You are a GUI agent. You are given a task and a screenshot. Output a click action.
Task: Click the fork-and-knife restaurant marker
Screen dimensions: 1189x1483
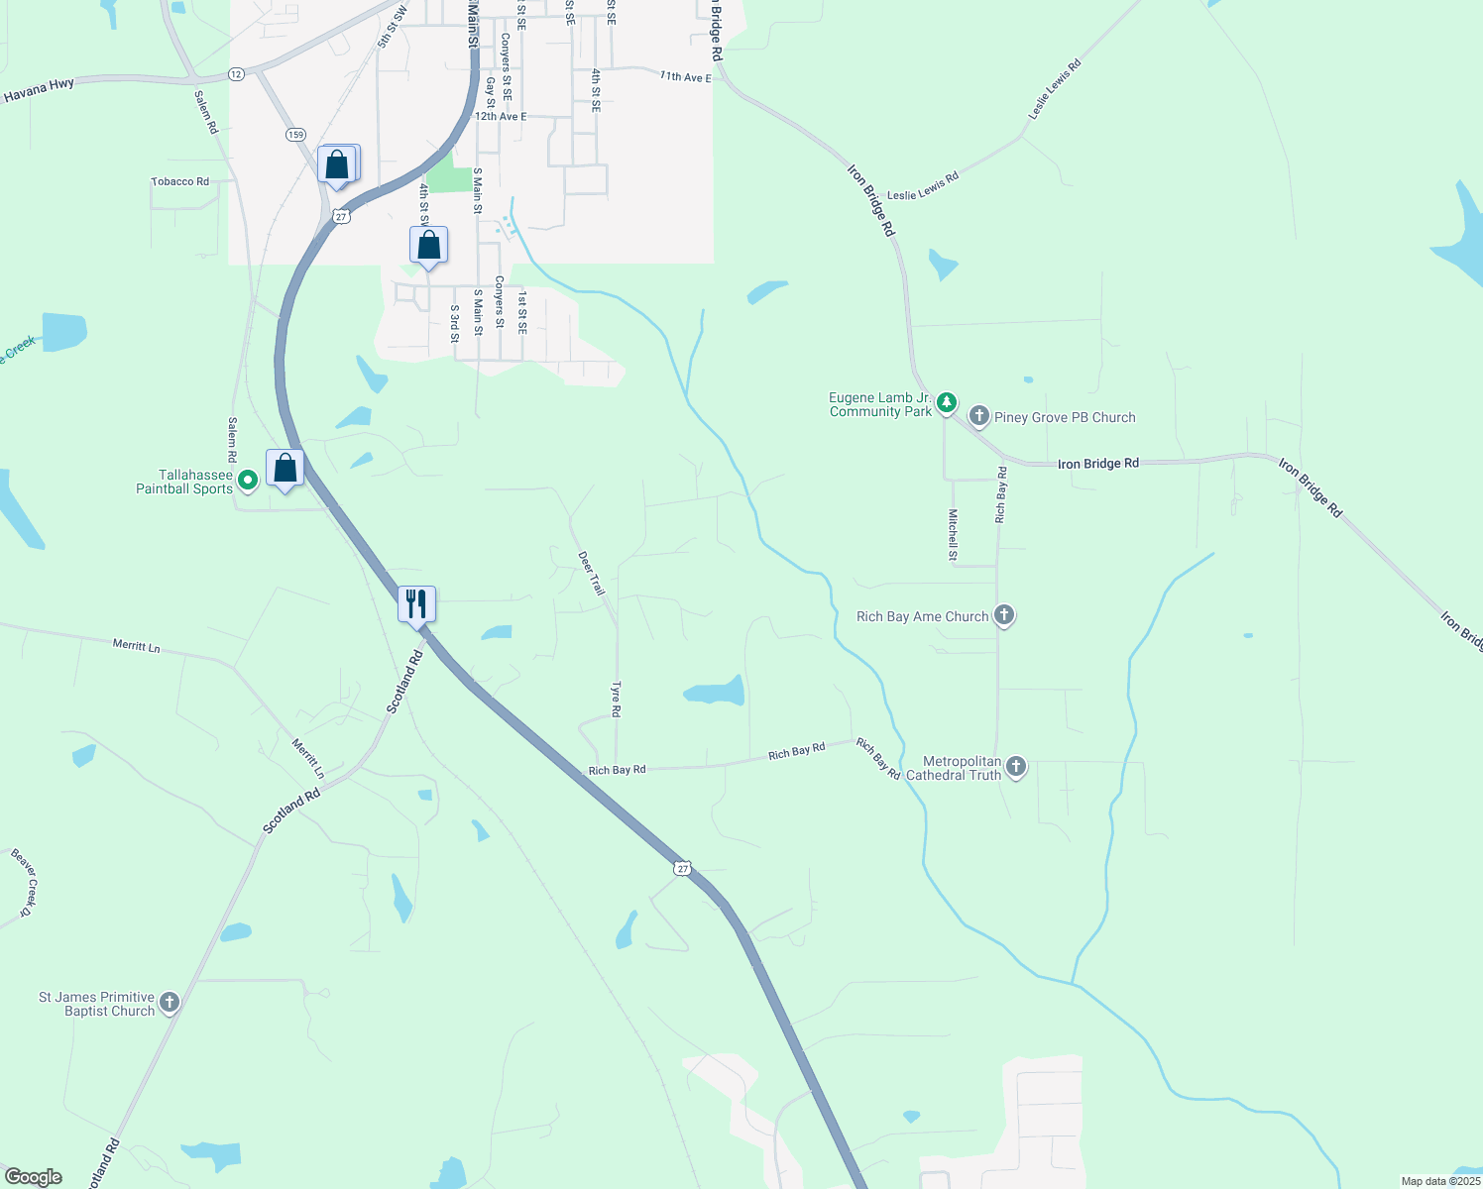tap(416, 602)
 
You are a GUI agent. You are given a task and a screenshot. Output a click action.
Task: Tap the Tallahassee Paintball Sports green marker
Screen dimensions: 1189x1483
tap(248, 481)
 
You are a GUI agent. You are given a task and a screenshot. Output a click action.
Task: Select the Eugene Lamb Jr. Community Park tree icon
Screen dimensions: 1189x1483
tap(947, 402)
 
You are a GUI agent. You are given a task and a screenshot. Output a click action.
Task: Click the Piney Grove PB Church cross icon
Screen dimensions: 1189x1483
tap(979, 416)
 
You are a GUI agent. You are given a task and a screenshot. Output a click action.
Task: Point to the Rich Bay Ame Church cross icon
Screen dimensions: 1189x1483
tap(1004, 615)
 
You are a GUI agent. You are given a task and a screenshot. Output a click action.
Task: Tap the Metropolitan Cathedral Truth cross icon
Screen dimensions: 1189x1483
tap(1016, 766)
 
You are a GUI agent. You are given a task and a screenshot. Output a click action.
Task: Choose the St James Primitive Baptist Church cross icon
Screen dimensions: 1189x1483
tap(170, 1003)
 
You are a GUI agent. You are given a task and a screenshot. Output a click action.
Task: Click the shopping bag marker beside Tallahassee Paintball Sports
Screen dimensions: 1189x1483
tap(285, 468)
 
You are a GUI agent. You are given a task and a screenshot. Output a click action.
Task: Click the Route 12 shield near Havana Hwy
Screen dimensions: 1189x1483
tap(236, 74)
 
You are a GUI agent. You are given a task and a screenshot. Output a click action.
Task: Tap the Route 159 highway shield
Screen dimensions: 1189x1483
tap(295, 134)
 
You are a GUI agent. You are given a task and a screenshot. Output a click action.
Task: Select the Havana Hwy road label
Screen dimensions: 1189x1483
tap(39, 91)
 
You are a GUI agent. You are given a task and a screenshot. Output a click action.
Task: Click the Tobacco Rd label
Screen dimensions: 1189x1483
tap(179, 181)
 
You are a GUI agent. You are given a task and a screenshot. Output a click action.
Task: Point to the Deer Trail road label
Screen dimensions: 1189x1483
tap(591, 574)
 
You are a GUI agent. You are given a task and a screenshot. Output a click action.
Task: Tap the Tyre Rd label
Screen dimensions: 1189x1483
tap(616, 699)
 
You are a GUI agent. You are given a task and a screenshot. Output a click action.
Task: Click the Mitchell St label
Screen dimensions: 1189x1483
tap(953, 535)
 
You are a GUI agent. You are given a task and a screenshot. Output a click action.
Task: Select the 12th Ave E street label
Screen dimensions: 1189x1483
tap(501, 116)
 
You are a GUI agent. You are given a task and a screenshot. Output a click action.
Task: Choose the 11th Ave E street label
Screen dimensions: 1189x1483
tap(686, 76)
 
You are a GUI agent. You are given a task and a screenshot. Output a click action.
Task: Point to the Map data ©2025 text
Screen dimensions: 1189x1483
tap(1440, 1181)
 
